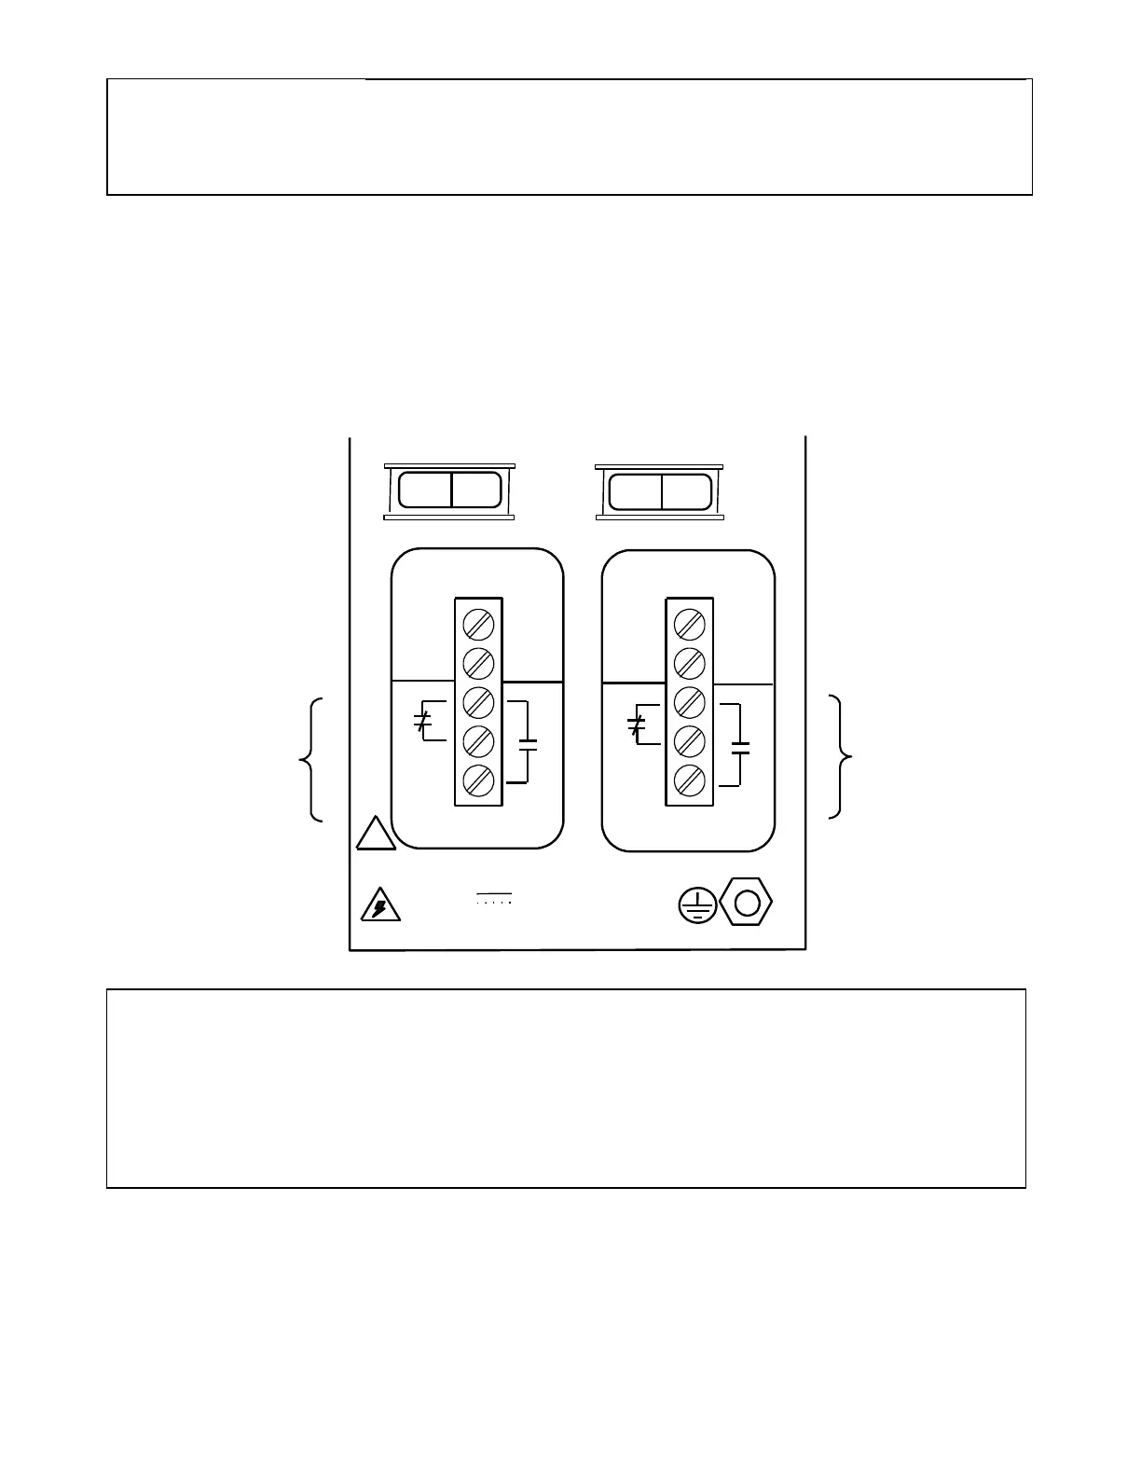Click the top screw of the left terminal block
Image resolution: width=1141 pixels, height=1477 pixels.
[x=478, y=624]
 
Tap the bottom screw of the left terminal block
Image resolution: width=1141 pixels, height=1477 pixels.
[x=478, y=779]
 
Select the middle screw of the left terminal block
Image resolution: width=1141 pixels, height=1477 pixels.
[x=478, y=700]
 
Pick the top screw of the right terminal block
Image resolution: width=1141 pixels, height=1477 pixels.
[x=689, y=624]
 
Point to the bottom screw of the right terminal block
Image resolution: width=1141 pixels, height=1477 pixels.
[x=689, y=779]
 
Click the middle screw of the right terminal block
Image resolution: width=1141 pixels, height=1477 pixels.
[x=689, y=700]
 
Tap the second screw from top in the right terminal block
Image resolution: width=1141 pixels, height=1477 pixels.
[x=689, y=663]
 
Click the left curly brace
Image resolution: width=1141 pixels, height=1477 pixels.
[x=312, y=759]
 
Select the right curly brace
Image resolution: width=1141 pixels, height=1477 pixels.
[x=842, y=757]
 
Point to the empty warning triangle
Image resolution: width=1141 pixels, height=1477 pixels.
[x=375, y=835]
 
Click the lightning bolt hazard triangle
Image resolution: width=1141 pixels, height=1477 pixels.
[x=379, y=905]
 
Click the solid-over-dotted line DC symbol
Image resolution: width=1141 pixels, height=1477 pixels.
[x=493, y=898]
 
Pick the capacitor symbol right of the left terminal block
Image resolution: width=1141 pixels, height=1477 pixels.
[x=528, y=743]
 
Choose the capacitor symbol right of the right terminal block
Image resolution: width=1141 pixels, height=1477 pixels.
[x=741, y=746]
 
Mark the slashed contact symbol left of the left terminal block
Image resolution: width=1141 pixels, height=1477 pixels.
[x=422, y=721]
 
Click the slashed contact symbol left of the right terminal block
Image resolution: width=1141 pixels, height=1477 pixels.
[x=637, y=725]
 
